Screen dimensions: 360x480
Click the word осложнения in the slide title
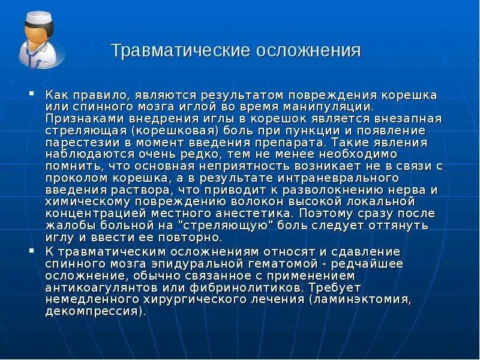click(x=309, y=50)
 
